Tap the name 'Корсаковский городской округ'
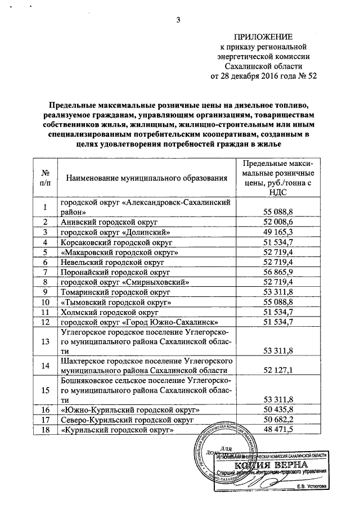[116, 242]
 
